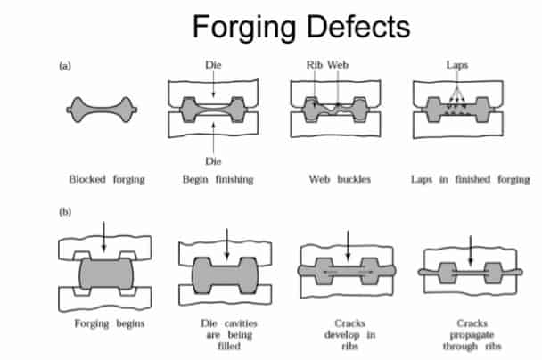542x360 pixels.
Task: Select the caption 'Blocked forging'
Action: pyautogui.click(x=106, y=179)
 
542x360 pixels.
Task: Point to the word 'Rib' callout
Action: pyautogui.click(x=314, y=66)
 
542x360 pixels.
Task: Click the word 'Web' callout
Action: pyautogui.click(x=338, y=66)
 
